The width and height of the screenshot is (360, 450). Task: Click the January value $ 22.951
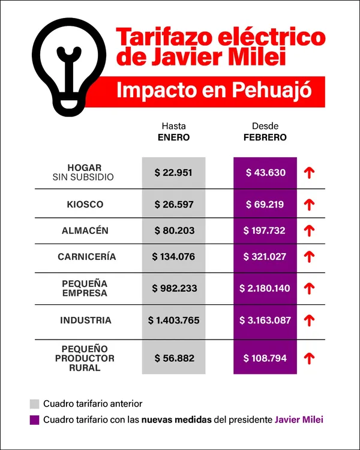coord(173,173)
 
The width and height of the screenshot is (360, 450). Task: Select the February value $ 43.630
coord(265,173)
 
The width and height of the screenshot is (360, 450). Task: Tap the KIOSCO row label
coord(85,205)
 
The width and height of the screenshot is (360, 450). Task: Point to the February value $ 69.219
coord(265,205)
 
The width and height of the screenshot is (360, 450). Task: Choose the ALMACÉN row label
coord(85,230)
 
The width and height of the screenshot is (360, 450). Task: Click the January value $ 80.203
coord(173,230)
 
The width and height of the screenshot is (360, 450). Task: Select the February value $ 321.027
coord(265,257)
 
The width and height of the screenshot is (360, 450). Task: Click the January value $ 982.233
coord(173,288)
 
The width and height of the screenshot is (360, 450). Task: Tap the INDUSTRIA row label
coord(86,320)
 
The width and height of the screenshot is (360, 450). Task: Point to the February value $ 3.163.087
coord(265,320)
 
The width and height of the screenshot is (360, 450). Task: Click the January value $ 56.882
coord(173,358)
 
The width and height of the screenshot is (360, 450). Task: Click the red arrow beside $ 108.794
coord(310,358)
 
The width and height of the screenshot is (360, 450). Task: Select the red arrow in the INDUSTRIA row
coord(310,320)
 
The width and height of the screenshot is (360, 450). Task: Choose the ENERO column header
coord(173,137)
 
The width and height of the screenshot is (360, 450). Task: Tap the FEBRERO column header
coord(265,137)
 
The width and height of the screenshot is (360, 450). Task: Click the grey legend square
coord(34,404)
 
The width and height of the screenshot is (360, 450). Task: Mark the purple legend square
coord(34,420)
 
